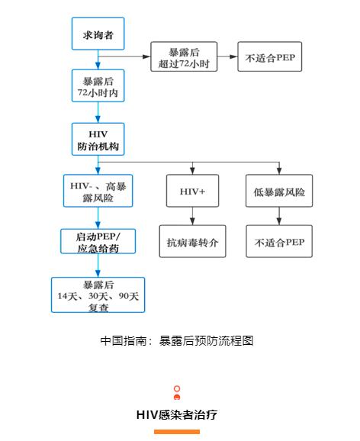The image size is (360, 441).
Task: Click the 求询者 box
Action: coord(98,34)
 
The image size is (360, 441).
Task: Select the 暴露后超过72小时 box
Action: coord(184,56)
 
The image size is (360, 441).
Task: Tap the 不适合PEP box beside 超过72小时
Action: coord(270,56)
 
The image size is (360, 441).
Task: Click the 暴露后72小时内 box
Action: coord(98,85)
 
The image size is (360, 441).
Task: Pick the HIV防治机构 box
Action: coord(98,139)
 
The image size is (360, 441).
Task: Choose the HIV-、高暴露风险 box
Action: coord(98,191)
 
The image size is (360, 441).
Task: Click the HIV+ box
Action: coord(192,191)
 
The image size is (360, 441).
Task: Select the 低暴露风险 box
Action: coord(279,191)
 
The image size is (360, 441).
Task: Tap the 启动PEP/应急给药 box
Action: coord(98,241)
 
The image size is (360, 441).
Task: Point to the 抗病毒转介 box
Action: coord(192,241)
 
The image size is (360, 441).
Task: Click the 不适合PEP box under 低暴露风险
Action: coord(279,241)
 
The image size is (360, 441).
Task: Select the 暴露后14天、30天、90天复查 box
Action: coord(98,295)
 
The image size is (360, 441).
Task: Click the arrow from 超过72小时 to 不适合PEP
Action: coord(227,56)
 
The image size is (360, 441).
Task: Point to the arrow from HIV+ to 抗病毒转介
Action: coord(192,216)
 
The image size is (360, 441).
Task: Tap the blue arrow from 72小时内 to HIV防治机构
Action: coord(98,112)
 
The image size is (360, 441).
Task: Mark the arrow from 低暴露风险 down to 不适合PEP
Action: coord(279,216)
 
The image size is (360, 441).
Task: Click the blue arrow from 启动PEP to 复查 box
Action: coord(98,266)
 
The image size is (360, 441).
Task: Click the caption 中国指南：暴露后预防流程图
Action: coord(177,340)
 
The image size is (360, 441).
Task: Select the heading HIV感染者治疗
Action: coord(177,415)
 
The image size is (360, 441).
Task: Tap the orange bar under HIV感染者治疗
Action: coord(177,432)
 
